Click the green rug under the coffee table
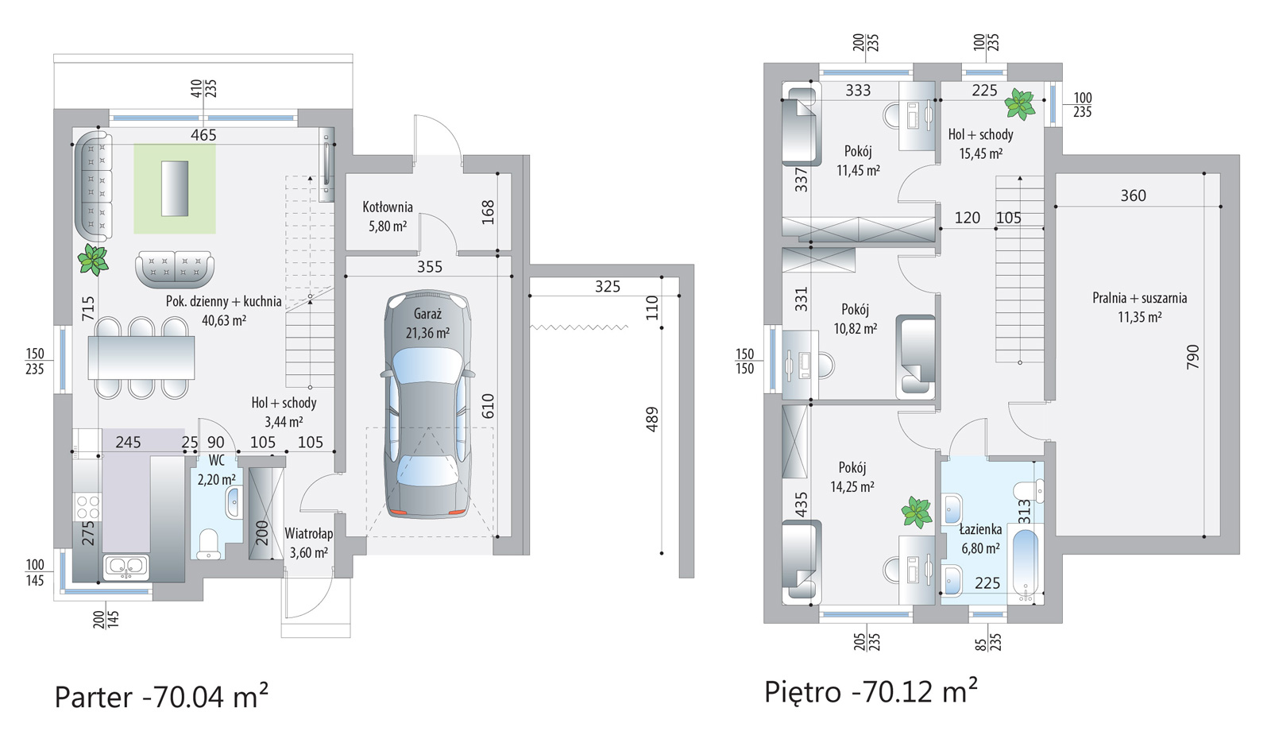coord(175,188)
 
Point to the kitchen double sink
coord(126,567)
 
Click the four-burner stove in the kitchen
coord(88,507)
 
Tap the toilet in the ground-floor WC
coord(207,544)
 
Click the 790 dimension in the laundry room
coord(1192,357)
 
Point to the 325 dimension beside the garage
coord(607,287)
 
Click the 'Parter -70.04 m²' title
coord(161,696)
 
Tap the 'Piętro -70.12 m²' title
coord(871,691)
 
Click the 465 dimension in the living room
coord(203,135)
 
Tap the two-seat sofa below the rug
coord(175,269)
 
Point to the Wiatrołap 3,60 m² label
coord(309,544)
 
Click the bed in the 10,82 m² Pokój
coord(915,357)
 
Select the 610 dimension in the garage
coord(488,406)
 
